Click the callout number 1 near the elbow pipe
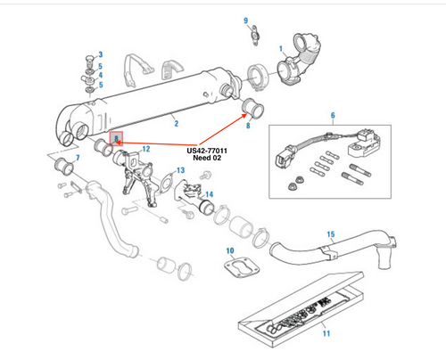click(281, 48)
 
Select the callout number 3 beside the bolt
click(100, 54)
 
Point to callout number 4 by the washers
click(100, 76)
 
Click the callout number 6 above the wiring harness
click(332, 116)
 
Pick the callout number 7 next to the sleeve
click(78, 159)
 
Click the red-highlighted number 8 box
click(115, 138)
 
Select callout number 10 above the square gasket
click(228, 251)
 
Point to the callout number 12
click(145, 148)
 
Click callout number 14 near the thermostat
click(209, 193)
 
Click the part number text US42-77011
click(207, 151)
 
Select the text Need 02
click(206, 160)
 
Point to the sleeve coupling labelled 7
click(63, 165)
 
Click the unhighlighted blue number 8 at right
click(248, 127)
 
